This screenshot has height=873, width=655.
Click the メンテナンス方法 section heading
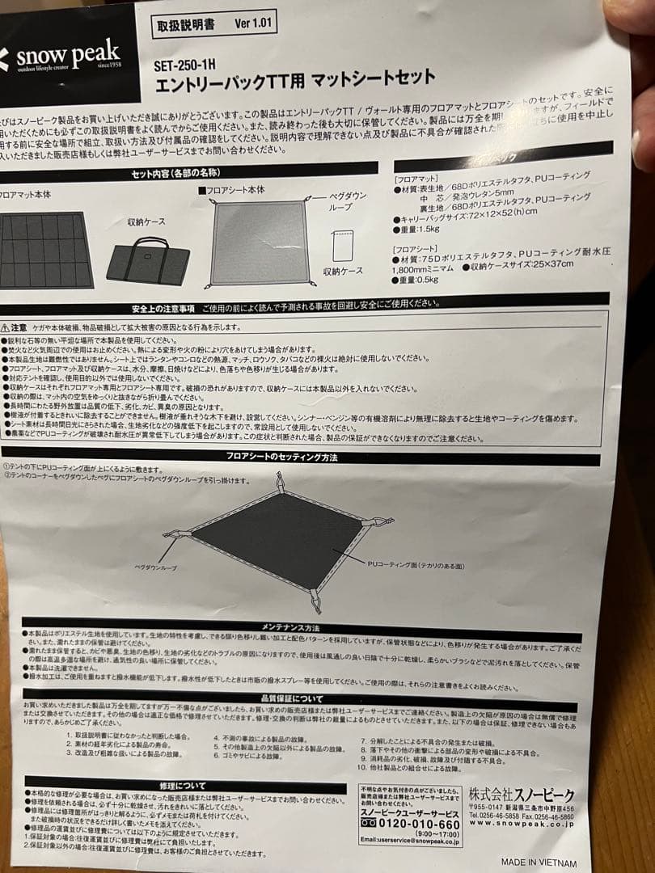(x=291, y=628)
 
